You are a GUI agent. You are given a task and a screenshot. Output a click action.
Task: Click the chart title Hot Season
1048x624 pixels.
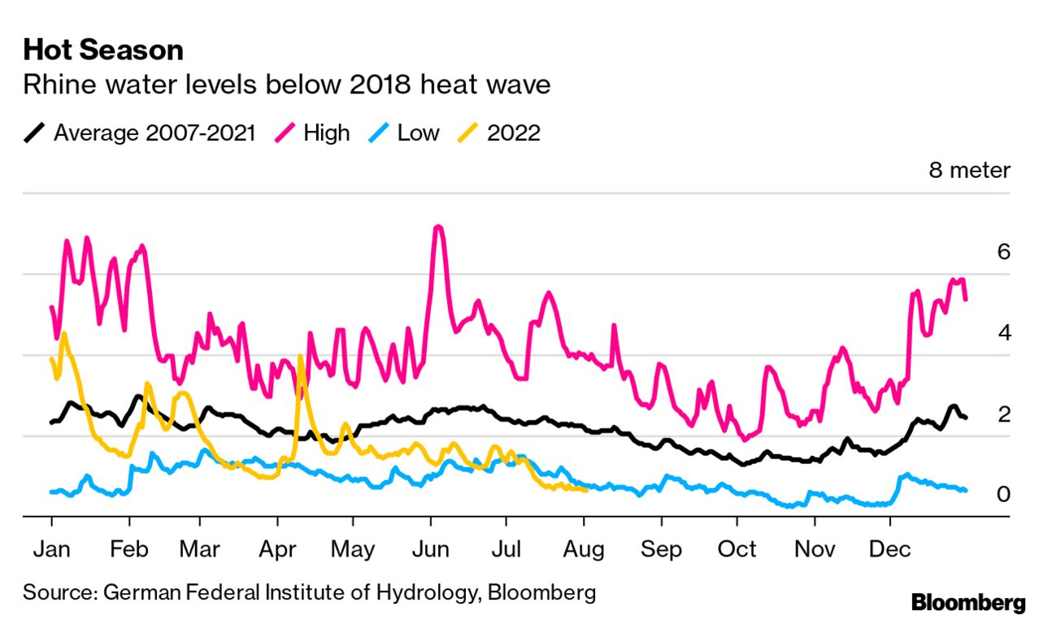103,50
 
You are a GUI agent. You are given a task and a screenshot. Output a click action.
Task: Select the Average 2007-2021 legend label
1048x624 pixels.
154,132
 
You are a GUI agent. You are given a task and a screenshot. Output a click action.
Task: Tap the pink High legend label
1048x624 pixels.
326,132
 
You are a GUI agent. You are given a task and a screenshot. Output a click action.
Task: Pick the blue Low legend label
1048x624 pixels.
418,132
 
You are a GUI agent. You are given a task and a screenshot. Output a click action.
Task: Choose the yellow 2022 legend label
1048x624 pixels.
513,132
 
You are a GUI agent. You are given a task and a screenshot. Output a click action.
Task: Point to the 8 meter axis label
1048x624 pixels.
970,170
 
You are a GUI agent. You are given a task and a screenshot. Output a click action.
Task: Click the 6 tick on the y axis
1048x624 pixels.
1003,252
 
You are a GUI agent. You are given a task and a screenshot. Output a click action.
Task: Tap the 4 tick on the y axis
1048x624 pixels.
1003,333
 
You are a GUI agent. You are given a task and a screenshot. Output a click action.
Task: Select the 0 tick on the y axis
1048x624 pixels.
1003,494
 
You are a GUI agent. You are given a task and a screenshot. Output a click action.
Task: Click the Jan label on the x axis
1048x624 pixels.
51,550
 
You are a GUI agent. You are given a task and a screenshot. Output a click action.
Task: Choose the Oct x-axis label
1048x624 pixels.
737,550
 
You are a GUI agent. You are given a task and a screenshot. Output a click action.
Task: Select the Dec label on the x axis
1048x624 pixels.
889,550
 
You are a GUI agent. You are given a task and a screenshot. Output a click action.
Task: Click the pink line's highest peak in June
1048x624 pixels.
438,227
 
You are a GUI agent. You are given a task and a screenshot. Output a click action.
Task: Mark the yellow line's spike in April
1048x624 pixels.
302,357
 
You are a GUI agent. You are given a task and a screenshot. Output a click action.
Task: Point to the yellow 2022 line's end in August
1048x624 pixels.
585,489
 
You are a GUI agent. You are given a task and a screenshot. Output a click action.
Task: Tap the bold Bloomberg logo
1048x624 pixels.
968,603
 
